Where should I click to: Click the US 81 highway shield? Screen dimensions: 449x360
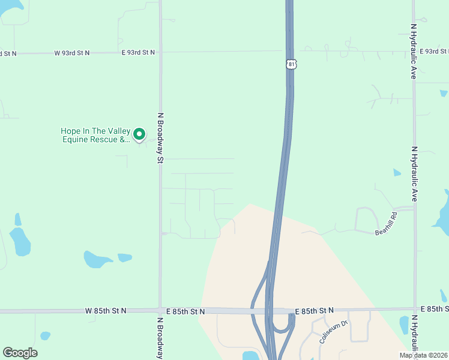(x=291, y=64)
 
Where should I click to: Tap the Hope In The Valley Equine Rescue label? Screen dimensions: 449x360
(x=95, y=136)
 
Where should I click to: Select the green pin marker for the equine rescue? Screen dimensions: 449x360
(x=139, y=134)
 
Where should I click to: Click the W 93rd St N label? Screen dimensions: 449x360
(x=72, y=53)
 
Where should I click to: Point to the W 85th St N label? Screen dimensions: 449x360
(x=106, y=311)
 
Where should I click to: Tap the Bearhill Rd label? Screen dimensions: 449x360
(x=386, y=223)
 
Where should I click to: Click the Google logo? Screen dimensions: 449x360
(x=20, y=353)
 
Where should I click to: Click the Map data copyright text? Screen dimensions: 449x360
(x=424, y=355)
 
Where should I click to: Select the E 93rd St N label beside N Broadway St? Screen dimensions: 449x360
(x=138, y=53)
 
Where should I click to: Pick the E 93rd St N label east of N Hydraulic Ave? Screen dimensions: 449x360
(x=434, y=52)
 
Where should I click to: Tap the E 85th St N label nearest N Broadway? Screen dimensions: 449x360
(x=184, y=311)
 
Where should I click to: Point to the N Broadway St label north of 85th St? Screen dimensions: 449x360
(x=160, y=138)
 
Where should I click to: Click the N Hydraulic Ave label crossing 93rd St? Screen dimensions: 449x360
(x=414, y=52)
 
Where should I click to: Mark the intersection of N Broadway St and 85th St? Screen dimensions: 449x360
(x=160, y=311)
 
